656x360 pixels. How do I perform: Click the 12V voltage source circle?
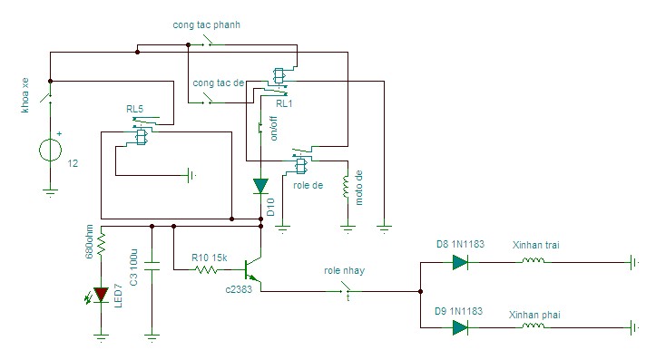(x=50, y=151)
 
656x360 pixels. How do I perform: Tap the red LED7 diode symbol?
(x=101, y=295)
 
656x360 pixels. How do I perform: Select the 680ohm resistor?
(x=101, y=244)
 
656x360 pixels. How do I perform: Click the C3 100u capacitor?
(x=152, y=266)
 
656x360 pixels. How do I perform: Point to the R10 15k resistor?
(x=206, y=269)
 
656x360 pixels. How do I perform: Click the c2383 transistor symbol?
(x=252, y=269)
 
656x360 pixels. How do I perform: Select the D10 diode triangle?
(x=260, y=186)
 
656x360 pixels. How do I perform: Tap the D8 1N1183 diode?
(x=460, y=263)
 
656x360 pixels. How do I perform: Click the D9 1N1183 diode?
(x=460, y=327)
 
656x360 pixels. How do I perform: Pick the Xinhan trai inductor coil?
(x=534, y=260)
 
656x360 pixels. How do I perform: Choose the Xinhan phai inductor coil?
(x=534, y=325)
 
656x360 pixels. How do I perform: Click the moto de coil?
(x=346, y=186)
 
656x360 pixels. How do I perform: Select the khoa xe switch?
(x=47, y=97)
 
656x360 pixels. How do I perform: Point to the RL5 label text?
(x=134, y=109)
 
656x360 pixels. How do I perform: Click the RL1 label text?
(x=284, y=103)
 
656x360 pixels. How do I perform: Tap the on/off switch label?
(x=274, y=129)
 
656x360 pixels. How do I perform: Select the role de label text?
(x=308, y=185)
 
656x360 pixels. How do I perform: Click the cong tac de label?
(x=219, y=83)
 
